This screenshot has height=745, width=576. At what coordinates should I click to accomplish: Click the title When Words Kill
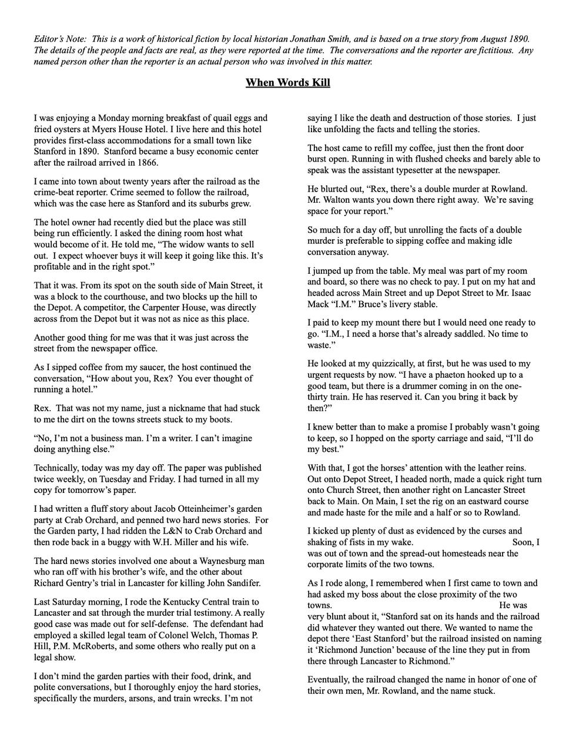click(287, 82)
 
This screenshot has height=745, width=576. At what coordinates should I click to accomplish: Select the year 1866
click(146, 163)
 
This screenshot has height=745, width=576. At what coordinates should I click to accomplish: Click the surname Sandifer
click(240, 583)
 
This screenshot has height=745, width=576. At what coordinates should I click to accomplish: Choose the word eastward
click(466, 501)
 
